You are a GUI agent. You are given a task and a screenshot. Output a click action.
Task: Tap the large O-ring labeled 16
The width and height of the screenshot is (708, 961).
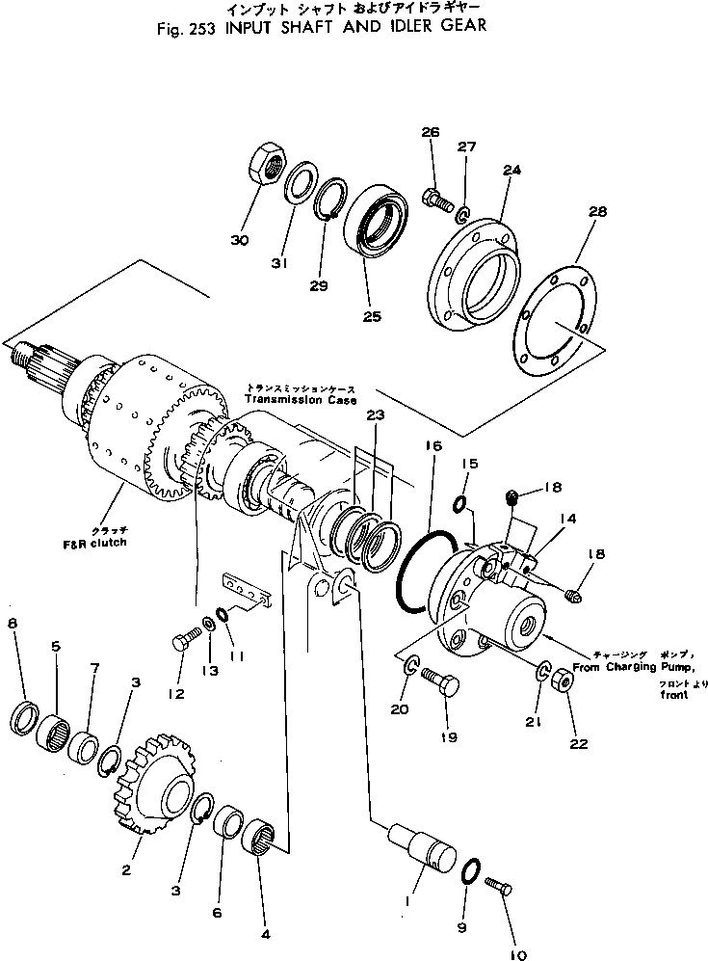coord(421,574)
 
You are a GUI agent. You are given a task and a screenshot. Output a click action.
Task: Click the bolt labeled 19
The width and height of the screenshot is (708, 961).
coord(438,686)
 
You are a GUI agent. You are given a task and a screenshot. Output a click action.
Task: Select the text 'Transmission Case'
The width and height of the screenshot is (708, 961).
coord(300,399)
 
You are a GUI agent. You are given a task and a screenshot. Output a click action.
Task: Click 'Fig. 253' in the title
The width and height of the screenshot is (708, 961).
coord(187,28)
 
